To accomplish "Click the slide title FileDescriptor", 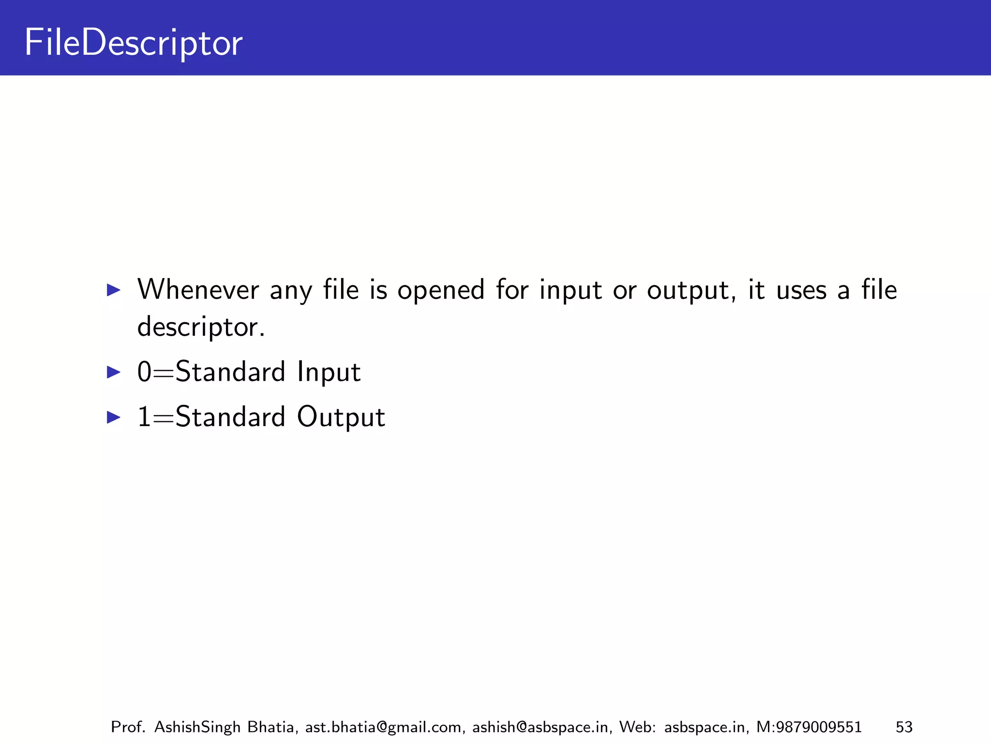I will pos(133,44).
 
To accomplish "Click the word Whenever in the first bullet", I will pos(198,290).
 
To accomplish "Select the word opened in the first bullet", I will pos(441,291).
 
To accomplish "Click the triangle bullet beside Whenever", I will pos(113,290).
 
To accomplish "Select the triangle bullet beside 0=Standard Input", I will pos(113,372).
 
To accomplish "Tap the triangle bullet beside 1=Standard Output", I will pos(113,417).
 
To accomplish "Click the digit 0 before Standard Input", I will pos(144,372).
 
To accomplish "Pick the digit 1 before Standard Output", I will pos(144,417).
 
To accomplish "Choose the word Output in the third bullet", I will pos(341,417).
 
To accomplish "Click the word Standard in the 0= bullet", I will pos(230,372).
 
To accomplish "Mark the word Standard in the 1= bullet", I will pos(230,417).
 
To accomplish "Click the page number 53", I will pos(904,727).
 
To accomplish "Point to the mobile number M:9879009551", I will pos(809,727).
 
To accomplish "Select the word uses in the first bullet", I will pos(801,291).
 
